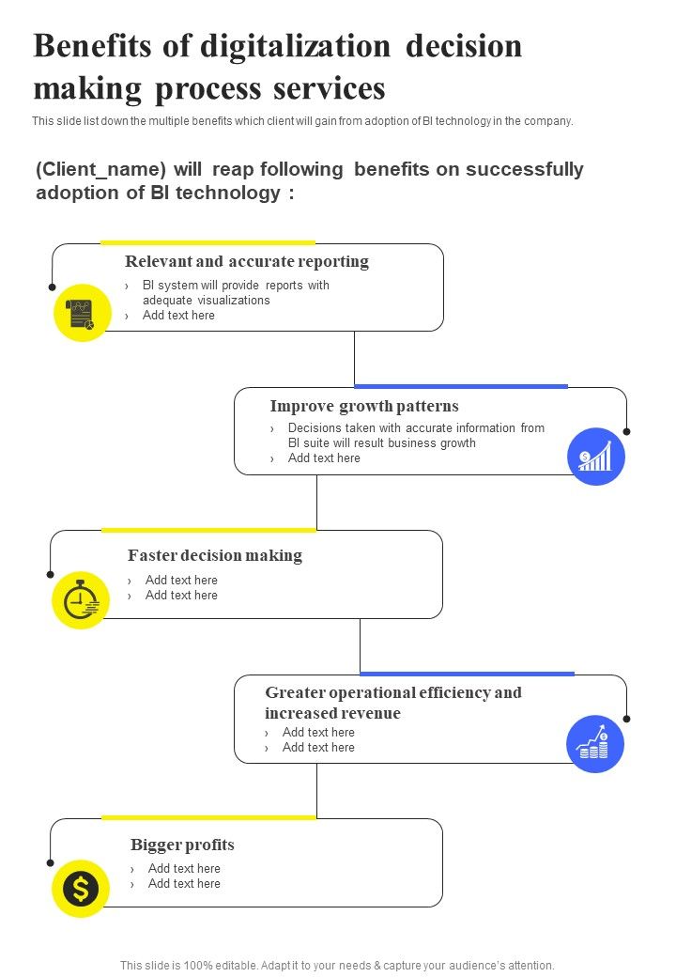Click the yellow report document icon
[82, 313]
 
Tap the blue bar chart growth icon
[596, 457]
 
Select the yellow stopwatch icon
[81, 599]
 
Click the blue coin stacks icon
[595, 744]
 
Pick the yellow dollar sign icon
[81, 888]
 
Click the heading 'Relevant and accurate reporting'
[247, 261]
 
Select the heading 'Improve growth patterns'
[364, 406]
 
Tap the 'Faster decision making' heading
[215, 555]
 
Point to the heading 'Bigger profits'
[182, 845]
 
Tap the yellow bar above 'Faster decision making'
[208, 530]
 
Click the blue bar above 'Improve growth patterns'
[461, 386]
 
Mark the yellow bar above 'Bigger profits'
[208, 817]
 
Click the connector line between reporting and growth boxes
[354, 359]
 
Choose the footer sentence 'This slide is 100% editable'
[337, 965]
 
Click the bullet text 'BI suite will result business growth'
[382, 443]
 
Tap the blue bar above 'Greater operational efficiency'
[467, 674]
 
